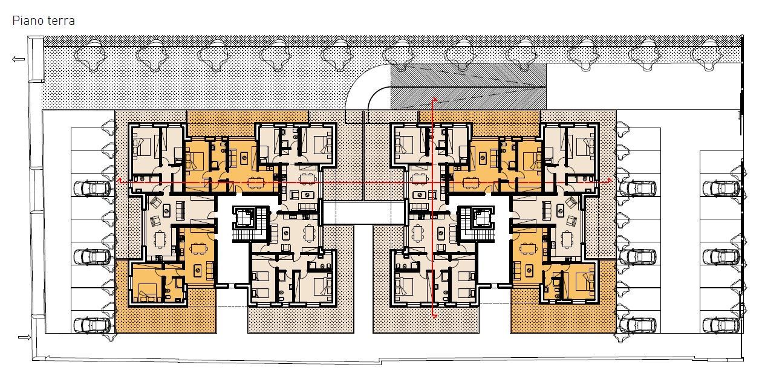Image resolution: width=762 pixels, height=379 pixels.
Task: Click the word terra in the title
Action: point(61,21)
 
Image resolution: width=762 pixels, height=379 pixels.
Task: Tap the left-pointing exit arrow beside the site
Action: point(18,59)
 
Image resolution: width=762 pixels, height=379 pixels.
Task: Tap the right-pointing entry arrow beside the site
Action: point(24,337)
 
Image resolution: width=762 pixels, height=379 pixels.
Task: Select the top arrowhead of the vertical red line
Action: point(434,100)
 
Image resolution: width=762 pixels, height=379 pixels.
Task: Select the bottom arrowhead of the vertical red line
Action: point(434,316)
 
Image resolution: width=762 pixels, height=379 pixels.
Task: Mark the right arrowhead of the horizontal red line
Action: point(610,180)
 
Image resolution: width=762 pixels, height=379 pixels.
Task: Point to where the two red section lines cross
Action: point(433,182)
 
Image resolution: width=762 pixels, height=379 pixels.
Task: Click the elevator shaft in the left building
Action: point(244,218)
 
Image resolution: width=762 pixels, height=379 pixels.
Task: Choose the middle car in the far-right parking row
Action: point(721,257)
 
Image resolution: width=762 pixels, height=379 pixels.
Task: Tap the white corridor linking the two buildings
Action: point(363,213)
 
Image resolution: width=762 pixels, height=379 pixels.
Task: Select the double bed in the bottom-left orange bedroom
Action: point(148,294)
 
